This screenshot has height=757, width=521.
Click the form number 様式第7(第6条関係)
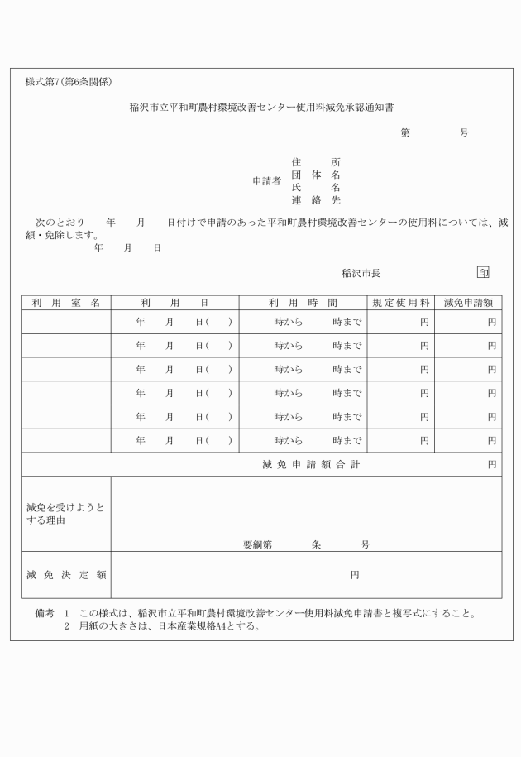(x=69, y=82)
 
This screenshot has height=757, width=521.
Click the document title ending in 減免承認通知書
(x=260, y=107)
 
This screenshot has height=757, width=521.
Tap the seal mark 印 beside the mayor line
(x=483, y=272)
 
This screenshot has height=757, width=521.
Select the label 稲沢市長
(x=361, y=273)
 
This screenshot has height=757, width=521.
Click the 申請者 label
(x=266, y=180)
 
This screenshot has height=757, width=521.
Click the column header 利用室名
(x=66, y=303)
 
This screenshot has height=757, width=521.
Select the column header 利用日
(x=174, y=303)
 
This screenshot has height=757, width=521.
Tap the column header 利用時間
(x=303, y=303)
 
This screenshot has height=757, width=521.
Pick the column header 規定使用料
(x=400, y=303)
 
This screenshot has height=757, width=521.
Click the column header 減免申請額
(x=468, y=303)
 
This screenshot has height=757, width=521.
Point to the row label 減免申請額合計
(x=311, y=465)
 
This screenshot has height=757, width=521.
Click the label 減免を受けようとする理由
(x=65, y=514)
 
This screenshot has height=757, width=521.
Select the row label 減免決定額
(x=65, y=574)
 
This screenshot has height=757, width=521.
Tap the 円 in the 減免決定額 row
(x=355, y=574)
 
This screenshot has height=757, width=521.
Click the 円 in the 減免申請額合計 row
(x=492, y=465)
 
